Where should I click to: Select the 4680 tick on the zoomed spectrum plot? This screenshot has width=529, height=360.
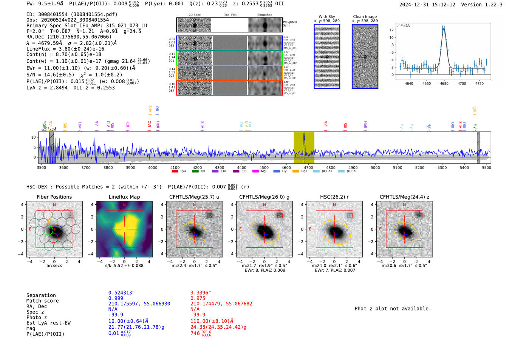[x=444, y=83]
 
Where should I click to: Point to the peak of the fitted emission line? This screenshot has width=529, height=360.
[x=444, y=29]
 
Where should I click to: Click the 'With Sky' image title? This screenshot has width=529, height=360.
[x=326, y=17]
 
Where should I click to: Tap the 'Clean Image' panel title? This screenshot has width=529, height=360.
[x=365, y=17]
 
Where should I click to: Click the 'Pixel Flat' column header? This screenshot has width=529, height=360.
[x=230, y=15]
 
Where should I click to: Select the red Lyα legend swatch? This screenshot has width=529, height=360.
[x=175, y=171]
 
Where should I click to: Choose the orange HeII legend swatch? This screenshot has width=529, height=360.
[x=295, y=171]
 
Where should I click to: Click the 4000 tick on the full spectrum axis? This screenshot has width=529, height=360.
[x=153, y=167]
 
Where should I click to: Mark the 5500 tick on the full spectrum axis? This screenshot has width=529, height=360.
[x=486, y=167]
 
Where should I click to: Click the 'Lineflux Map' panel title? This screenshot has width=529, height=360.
[x=124, y=197]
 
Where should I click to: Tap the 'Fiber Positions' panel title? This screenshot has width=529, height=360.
[x=54, y=197]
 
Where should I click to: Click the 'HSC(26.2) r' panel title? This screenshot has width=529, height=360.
[x=334, y=197]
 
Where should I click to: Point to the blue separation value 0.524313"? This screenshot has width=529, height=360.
[x=121, y=293]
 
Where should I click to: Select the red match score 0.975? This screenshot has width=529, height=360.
[x=198, y=298]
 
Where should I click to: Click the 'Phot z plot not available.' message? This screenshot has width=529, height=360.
[x=393, y=309]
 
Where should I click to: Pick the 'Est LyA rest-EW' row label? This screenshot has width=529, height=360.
[x=48, y=323]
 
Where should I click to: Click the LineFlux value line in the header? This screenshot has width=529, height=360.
[x=65, y=49]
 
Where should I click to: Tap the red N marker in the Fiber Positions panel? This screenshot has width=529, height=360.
[x=54, y=205]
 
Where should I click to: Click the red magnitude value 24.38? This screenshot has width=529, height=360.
[x=218, y=327]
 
